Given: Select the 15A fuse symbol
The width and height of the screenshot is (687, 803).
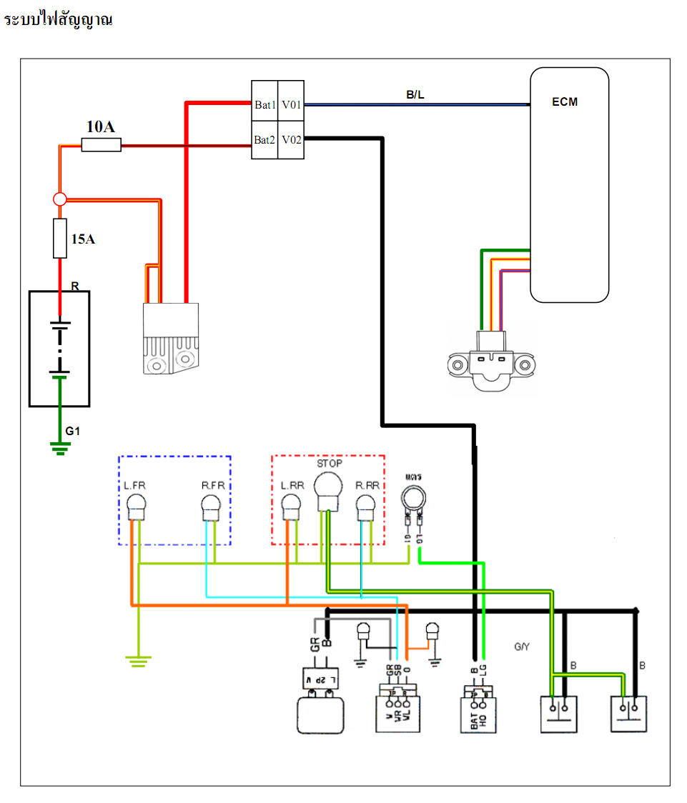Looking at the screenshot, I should coord(60,239).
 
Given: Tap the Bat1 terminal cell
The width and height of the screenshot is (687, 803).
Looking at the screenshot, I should coord(265,105).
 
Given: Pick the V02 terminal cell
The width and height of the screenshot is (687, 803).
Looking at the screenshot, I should coord(291,139).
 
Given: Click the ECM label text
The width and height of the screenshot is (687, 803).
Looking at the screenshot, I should coord(565,102).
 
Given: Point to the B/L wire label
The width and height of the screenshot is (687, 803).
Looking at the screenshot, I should coord(415,94).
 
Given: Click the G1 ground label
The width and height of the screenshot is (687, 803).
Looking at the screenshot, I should coord(73,432).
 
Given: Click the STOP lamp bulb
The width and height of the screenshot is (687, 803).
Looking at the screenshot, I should coord(327,493).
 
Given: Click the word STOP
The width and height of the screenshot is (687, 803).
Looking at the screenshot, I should coord(329,464).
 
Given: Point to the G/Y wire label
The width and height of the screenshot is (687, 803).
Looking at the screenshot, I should coord(522,647).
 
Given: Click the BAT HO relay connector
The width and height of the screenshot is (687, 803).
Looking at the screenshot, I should coord(479,709).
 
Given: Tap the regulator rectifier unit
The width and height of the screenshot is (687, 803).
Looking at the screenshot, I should coord(169,338).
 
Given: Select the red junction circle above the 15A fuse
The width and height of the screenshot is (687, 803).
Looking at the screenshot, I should coord(60,199).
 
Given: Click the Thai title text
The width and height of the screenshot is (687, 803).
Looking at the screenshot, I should coord(59,21).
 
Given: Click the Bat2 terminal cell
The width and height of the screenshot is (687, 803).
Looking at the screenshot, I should coord(265,139).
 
